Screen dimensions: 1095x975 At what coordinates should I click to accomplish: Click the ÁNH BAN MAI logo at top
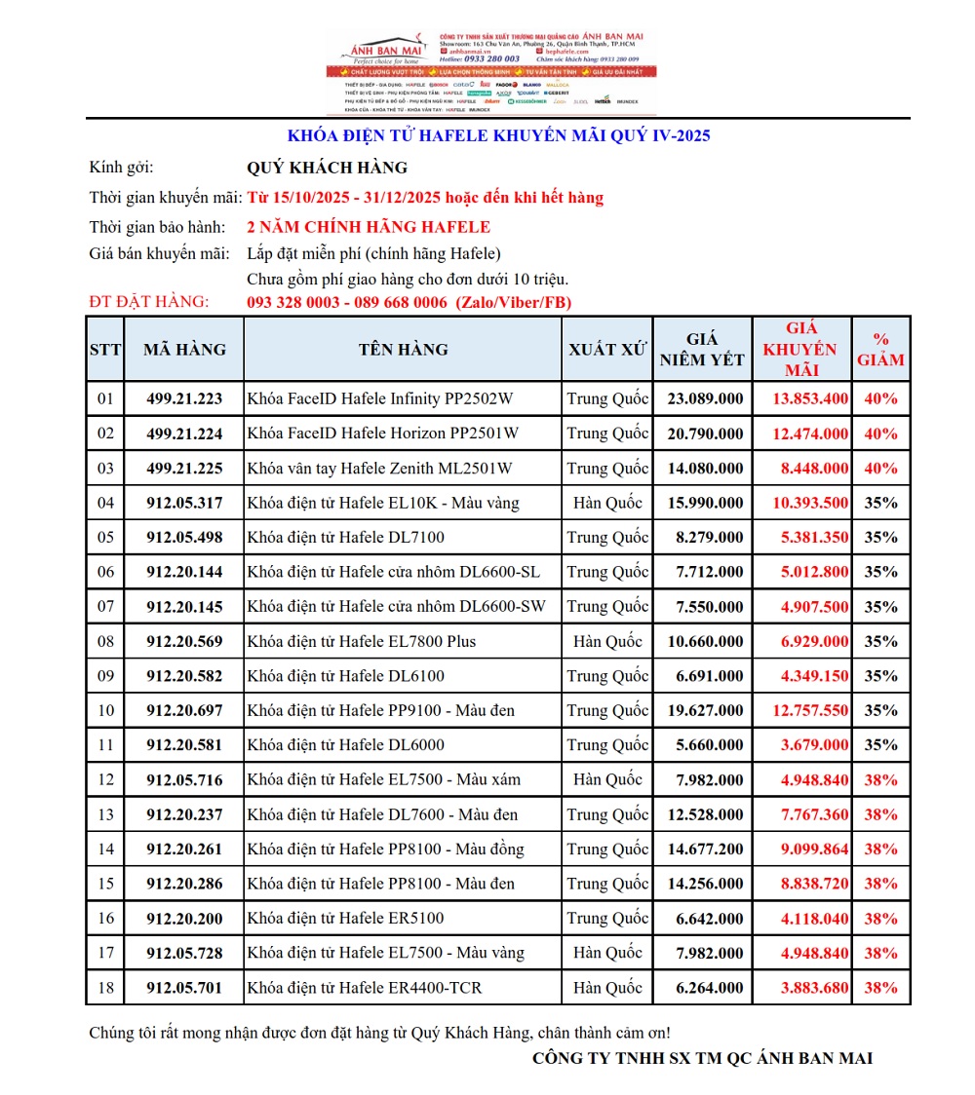[x=384, y=49]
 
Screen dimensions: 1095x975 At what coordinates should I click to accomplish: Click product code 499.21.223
[x=184, y=398]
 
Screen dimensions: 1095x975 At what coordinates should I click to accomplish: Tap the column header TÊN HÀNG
[x=403, y=350]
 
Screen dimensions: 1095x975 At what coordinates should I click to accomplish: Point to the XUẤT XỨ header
[x=607, y=350]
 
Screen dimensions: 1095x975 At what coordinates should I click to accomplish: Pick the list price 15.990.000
[x=705, y=503]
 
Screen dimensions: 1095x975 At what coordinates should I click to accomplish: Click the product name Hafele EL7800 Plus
[x=362, y=641]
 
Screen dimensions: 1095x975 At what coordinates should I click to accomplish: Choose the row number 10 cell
[x=105, y=710]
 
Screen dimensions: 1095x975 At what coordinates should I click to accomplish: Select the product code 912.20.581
[x=184, y=745]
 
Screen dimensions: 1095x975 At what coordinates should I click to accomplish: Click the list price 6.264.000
[x=709, y=988]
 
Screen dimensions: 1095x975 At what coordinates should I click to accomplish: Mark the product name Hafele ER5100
[x=346, y=919]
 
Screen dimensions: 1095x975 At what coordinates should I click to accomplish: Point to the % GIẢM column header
[x=880, y=350]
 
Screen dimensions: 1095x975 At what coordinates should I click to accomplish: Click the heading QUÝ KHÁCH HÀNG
[x=328, y=168]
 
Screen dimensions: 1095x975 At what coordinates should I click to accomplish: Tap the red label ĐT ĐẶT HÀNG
[x=148, y=302]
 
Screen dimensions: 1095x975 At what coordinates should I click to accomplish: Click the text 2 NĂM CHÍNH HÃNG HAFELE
[x=369, y=228]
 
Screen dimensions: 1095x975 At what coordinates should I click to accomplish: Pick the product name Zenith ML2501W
[x=380, y=469]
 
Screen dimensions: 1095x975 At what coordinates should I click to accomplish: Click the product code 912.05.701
[x=184, y=988]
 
